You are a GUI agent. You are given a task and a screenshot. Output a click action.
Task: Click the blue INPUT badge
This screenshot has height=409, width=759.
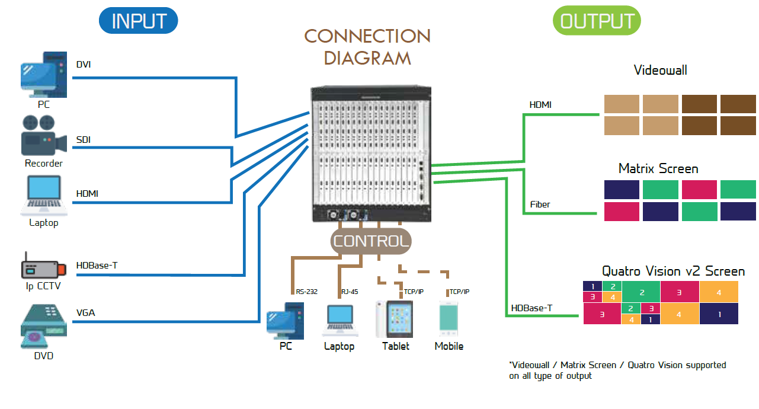pyautogui.click(x=138, y=21)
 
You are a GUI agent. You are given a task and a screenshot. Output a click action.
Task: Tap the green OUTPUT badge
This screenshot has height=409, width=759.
pyautogui.click(x=597, y=21)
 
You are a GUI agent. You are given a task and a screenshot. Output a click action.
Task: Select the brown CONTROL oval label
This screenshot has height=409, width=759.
pyautogui.click(x=371, y=241)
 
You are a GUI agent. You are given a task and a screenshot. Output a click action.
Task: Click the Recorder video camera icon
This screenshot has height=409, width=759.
pyautogui.click(x=42, y=135)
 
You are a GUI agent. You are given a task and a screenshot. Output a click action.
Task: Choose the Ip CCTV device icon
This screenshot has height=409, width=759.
pyautogui.click(x=42, y=267)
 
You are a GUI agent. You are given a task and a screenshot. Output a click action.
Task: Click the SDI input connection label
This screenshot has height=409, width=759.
pyautogui.click(x=84, y=140)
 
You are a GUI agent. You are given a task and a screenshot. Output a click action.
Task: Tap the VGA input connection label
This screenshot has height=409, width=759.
pyautogui.click(x=85, y=313)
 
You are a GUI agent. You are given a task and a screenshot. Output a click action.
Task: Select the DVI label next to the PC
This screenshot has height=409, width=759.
pyautogui.click(x=84, y=64)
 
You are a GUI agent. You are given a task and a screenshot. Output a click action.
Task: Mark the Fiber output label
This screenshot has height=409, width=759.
pyautogui.click(x=540, y=204)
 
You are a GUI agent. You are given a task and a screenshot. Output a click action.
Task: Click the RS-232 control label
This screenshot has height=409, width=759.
pyautogui.click(x=306, y=292)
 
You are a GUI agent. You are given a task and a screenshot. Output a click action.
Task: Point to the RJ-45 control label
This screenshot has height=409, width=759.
pyautogui.click(x=350, y=292)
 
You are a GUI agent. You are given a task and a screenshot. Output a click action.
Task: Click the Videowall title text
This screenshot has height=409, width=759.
pyautogui.click(x=660, y=70)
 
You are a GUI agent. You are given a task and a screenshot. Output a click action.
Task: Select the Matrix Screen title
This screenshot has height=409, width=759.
pyautogui.click(x=658, y=168)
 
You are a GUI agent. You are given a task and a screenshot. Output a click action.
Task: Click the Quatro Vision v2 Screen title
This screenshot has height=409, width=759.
pyautogui.click(x=673, y=271)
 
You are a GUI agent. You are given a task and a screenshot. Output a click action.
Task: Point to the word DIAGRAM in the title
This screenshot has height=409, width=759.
pyautogui.click(x=367, y=58)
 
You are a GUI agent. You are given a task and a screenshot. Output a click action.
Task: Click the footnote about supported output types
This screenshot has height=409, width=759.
pyautogui.click(x=617, y=370)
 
